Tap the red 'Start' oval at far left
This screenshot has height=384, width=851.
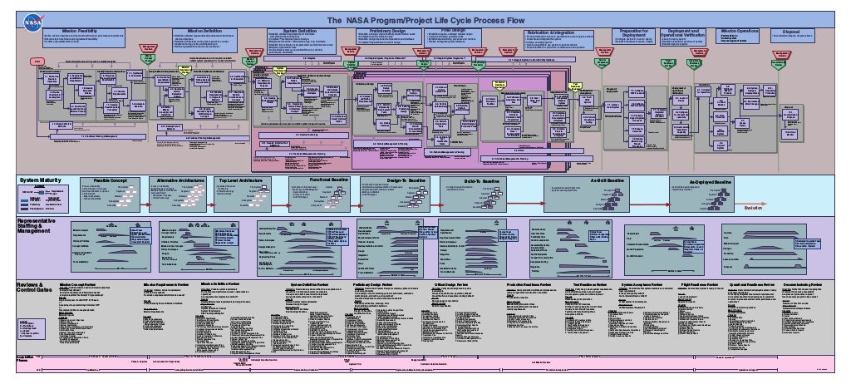tap(37, 62)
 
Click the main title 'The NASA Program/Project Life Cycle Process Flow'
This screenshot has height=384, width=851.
tap(425, 20)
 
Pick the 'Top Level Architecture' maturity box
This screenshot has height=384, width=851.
tap(242, 180)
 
